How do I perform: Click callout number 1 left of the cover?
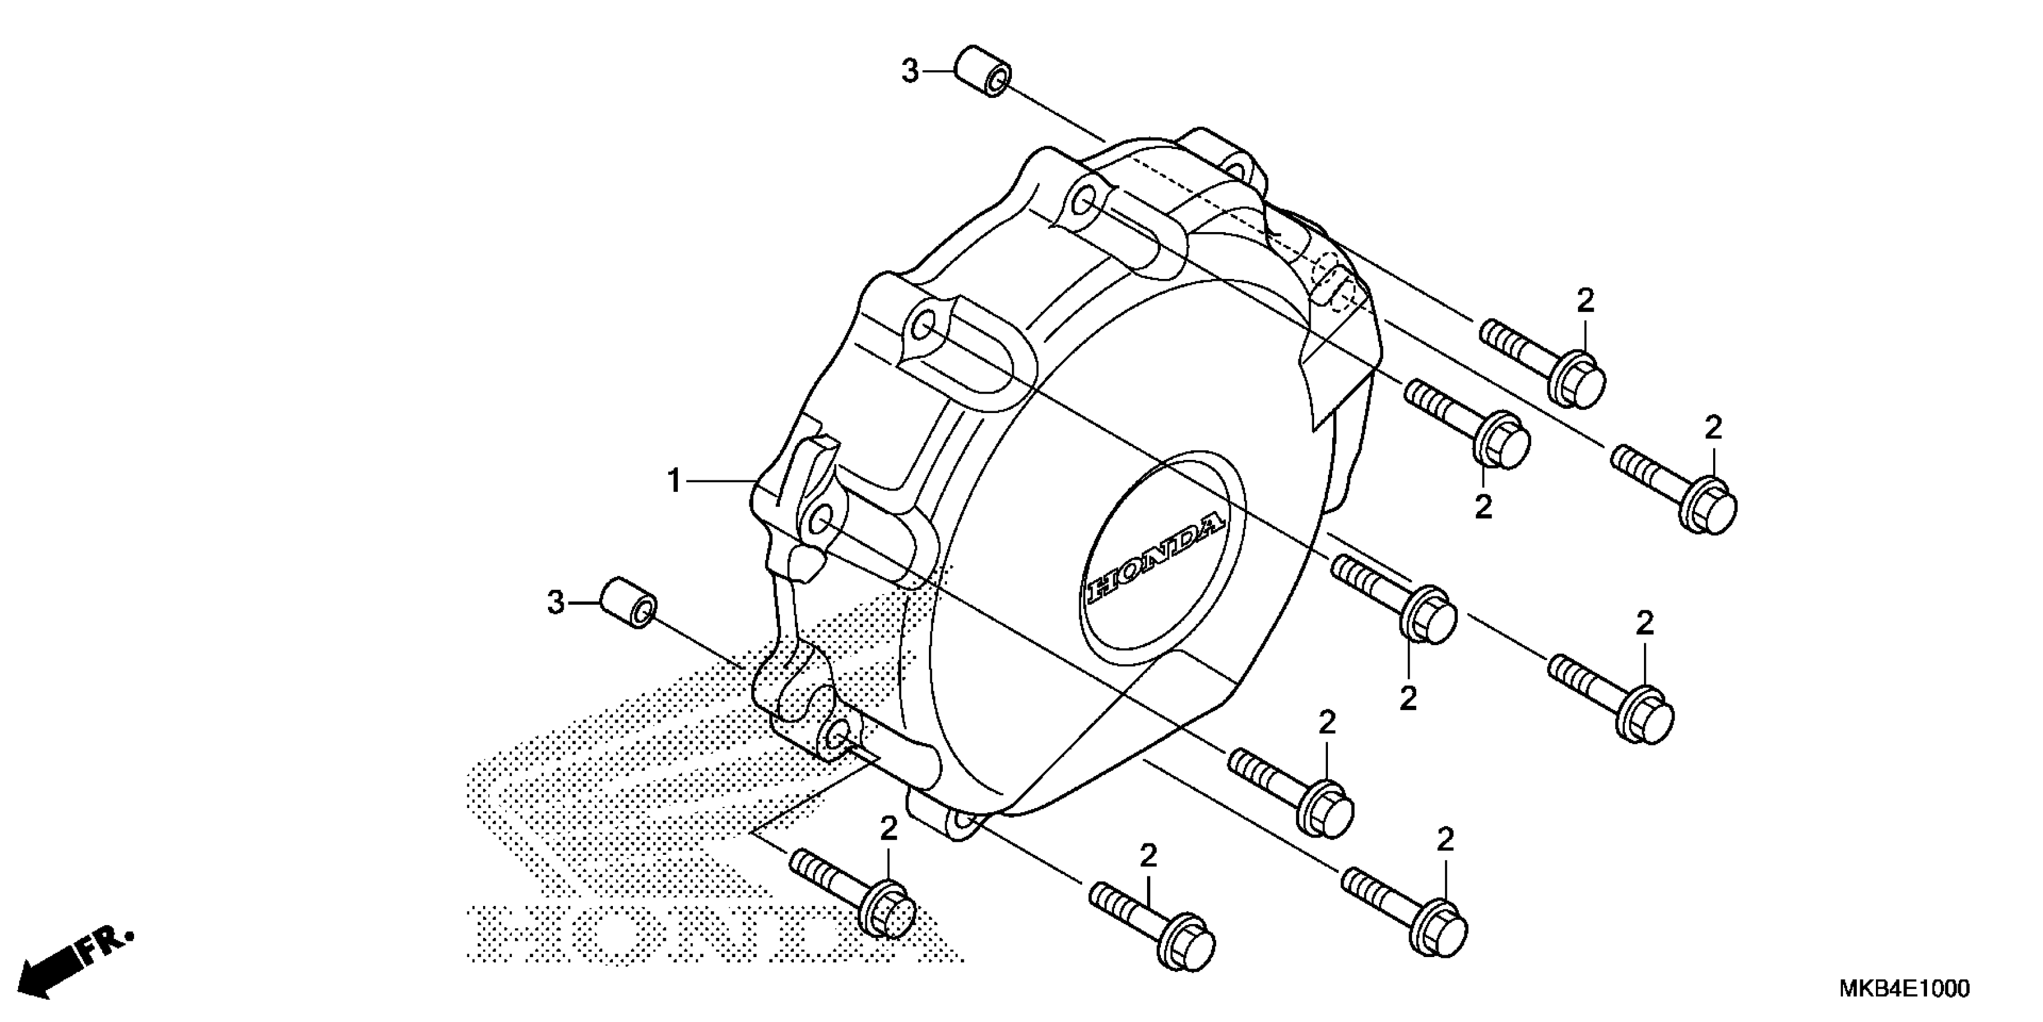click(x=674, y=481)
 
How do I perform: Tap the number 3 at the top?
click(x=910, y=72)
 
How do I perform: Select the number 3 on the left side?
click(x=556, y=603)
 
